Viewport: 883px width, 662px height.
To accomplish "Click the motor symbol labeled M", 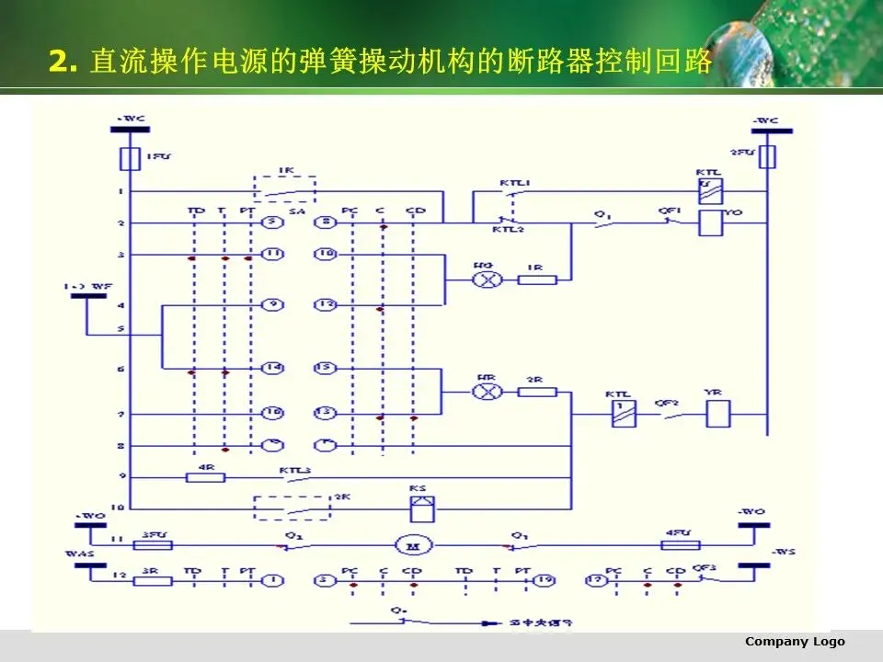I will coord(407,545).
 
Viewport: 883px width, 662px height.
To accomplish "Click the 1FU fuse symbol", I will coord(130,159).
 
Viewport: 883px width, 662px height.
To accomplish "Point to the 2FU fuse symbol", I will coord(765,158).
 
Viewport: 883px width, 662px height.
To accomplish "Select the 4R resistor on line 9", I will coord(200,476).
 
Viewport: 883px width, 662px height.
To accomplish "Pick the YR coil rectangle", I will coord(717,414).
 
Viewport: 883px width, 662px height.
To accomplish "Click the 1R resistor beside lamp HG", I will coord(537,280).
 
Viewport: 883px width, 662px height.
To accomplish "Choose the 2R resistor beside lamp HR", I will coord(537,392).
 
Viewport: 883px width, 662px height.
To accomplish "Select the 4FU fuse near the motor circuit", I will coord(681,545).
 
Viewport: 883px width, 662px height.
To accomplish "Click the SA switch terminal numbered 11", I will coord(271,255).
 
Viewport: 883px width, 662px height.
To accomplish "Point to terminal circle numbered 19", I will coord(546,581).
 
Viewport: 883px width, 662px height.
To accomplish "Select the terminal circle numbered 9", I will coord(271,304).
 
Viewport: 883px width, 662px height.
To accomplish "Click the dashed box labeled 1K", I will coord(284,190).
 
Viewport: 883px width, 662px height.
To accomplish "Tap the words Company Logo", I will coord(795,642).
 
